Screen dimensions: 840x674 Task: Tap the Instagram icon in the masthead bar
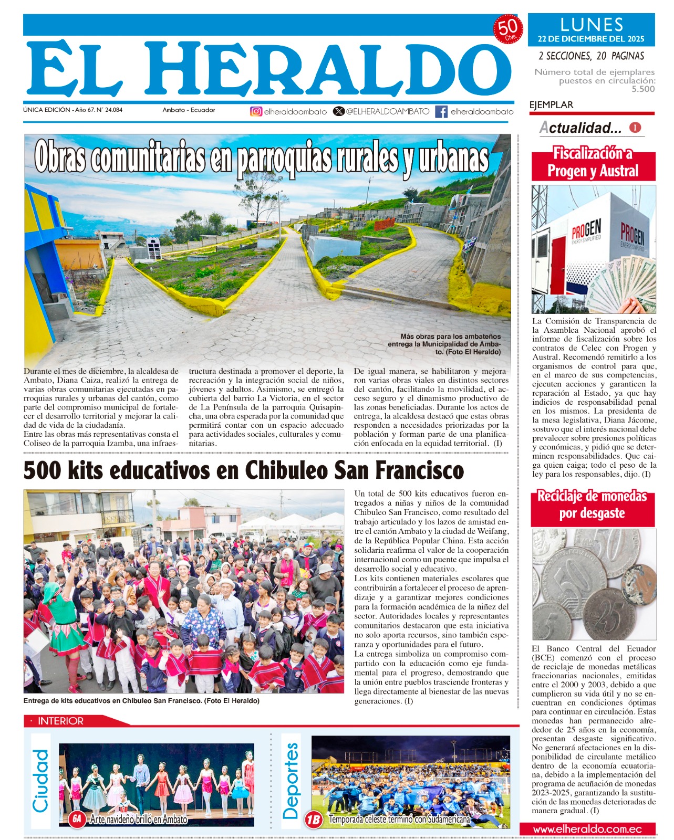click(256, 111)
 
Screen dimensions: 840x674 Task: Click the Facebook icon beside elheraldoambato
click(441, 111)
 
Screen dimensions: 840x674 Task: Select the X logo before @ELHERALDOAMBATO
click(339, 111)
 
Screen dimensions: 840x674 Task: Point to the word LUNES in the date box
click(592, 25)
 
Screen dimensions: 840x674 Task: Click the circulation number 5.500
click(643, 89)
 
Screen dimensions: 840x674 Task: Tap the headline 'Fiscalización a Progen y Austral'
click(593, 163)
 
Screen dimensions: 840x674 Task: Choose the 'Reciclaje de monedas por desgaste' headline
click(592, 505)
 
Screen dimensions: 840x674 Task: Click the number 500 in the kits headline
click(44, 470)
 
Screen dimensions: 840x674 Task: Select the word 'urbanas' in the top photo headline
click(453, 158)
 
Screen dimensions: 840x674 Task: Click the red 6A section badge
click(77, 819)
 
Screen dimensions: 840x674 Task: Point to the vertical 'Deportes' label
click(291, 781)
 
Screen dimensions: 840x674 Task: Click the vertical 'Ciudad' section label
click(40, 781)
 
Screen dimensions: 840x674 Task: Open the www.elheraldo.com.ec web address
click(587, 829)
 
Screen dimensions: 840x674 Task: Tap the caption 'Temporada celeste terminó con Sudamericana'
click(399, 819)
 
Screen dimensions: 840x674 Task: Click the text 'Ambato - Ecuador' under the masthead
click(189, 110)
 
